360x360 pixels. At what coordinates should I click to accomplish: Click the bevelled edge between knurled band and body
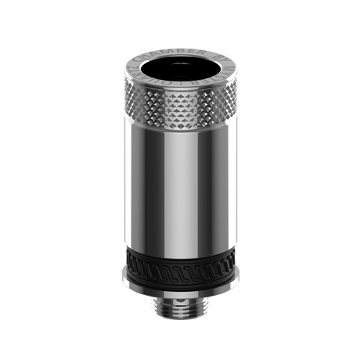[179, 134]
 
